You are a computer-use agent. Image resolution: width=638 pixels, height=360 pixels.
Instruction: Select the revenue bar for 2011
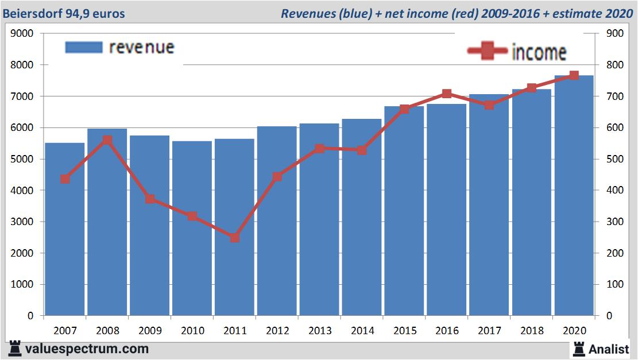[235, 230]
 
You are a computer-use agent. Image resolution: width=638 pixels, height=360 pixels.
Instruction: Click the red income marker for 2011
[235, 237]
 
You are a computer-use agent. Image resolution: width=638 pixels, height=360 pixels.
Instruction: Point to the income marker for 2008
[107, 140]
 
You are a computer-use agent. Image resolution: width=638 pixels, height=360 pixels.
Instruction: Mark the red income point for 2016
[447, 94]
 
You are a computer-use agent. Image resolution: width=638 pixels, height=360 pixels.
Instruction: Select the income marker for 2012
[277, 176]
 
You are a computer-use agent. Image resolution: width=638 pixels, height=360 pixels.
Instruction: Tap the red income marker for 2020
[574, 75]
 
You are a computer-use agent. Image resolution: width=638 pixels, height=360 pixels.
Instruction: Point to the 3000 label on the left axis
[22, 222]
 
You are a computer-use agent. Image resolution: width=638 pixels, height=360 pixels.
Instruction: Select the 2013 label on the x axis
[320, 331]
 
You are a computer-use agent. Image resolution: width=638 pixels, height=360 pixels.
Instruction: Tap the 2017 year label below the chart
[489, 331]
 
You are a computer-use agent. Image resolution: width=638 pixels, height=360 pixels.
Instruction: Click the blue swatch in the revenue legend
[83, 47]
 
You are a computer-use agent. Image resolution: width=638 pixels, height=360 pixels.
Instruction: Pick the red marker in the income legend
[488, 52]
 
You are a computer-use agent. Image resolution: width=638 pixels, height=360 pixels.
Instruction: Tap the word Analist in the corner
[609, 349]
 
